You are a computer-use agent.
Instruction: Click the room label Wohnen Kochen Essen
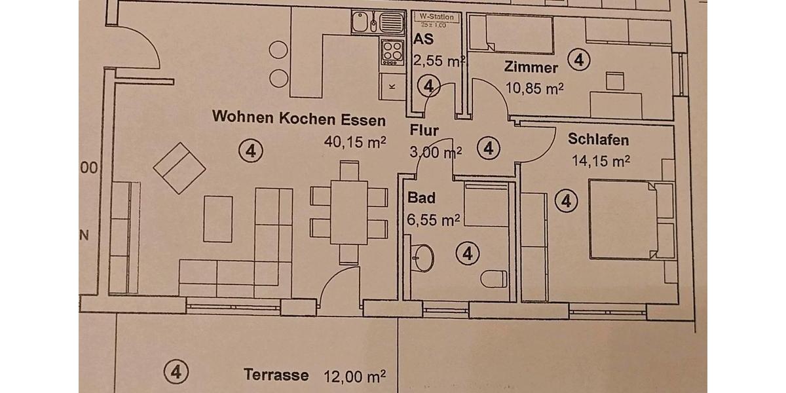click(x=299, y=119)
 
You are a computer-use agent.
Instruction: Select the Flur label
click(x=424, y=129)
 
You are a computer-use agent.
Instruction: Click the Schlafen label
click(x=599, y=140)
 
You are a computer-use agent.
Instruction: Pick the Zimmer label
click(x=531, y=67)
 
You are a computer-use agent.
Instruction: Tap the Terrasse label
click(x=276, y=375)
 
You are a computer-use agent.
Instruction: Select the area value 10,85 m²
click(x=534, y=88)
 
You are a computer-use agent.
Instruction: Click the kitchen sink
click(x=367, y=23)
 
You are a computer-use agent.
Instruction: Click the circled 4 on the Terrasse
click(x=176, y=371)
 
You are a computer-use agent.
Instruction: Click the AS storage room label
click(x=424, y=39)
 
